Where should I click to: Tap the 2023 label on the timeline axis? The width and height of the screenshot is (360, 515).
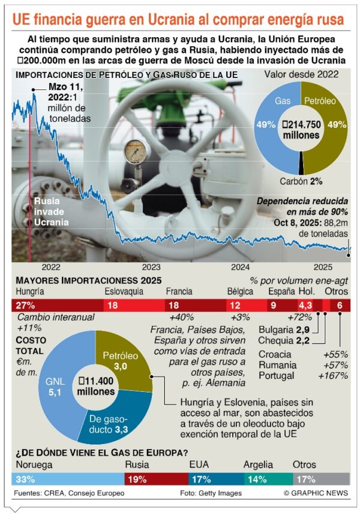click(x=151, y=267)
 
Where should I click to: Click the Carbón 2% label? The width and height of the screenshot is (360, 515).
click(x=301, y=181)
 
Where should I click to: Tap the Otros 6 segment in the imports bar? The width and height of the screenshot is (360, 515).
click(x=340, y=306)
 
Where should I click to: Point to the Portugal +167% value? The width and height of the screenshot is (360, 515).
click(x=335, y=376)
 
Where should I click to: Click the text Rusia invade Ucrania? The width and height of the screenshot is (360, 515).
click(x=51, y=212)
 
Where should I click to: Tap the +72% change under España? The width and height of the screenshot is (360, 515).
click(x=298, y=318)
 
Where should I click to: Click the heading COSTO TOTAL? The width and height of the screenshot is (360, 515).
click(x=30, y=345)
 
